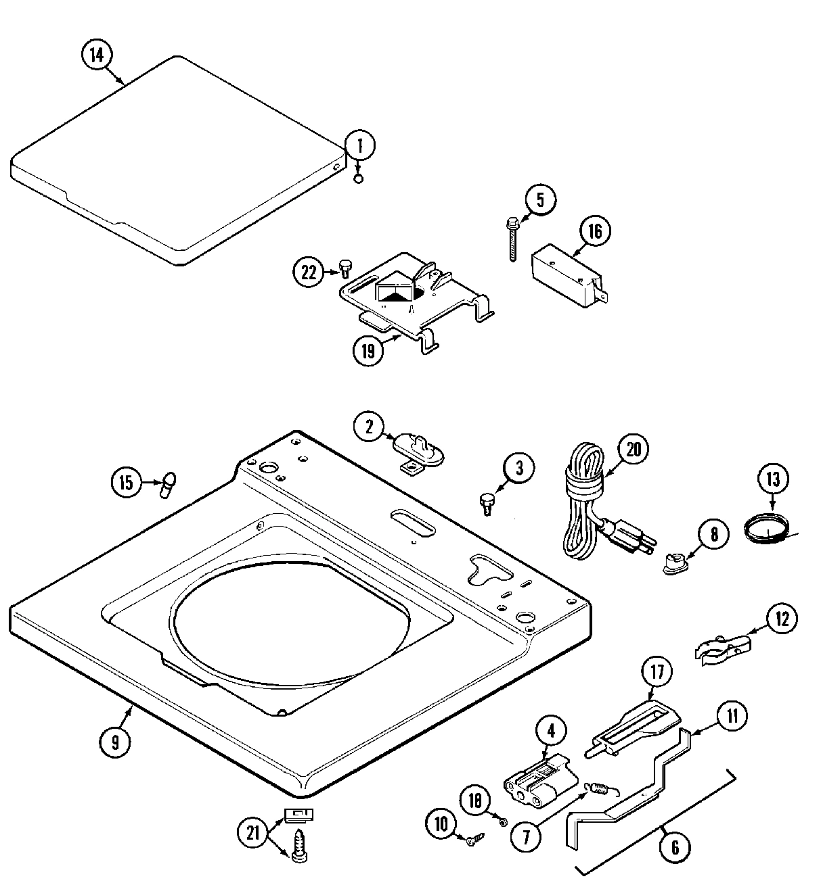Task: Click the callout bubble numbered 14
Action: [x=97, y=55]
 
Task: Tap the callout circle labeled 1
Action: [x=360, y=145]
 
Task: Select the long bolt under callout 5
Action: [x=511, y=240]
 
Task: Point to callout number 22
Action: [x=309, y=272]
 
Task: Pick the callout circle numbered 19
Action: [x=368, y=350]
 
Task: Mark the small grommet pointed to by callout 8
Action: [x=672, y=564]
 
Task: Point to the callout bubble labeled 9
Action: [x=115, y=742]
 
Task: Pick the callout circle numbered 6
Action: [x=674, y=846]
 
